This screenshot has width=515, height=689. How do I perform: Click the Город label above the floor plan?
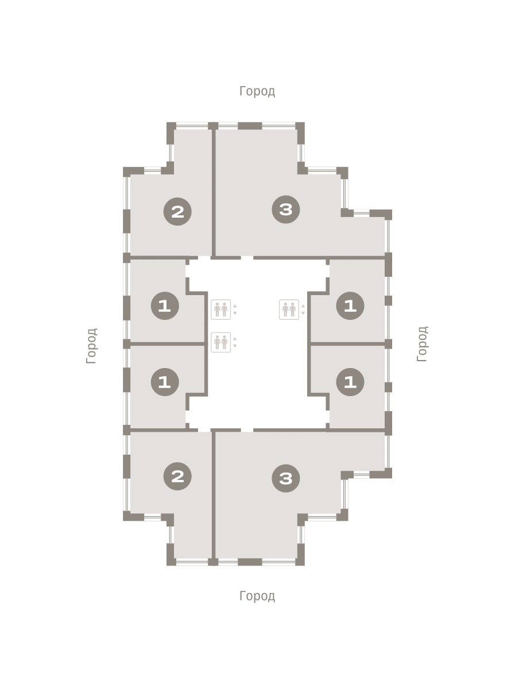coord(257,91)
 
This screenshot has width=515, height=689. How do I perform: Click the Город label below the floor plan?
coord(257,596)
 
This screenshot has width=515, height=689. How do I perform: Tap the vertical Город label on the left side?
coord(92,346)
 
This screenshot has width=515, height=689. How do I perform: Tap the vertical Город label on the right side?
coord(422,344)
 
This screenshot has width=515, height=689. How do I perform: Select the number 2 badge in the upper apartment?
coord(177,211)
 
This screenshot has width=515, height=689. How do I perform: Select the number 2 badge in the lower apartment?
coord(177,476)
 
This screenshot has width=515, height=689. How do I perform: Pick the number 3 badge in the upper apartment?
coord(285,210)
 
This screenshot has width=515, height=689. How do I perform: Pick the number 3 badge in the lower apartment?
coord(285,478)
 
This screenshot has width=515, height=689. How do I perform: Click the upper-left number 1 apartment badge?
coord(165,305)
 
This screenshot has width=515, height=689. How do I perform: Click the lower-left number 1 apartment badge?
coord(165,382)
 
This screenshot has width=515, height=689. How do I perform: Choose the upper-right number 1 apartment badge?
coord(350,305)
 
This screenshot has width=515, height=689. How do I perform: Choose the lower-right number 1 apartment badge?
coord(350,382)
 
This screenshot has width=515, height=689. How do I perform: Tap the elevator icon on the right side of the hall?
coord(289,309)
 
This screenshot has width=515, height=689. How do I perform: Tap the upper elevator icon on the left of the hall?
coord(220,309)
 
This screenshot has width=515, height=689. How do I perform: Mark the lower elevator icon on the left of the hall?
coord(220,342)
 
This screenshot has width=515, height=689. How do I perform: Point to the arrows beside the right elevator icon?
coord(303,309)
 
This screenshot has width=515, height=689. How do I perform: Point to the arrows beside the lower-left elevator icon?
coord(235,342)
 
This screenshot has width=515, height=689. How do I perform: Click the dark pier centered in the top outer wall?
coord(250,126)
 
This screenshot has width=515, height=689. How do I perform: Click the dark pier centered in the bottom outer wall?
coord(250,562)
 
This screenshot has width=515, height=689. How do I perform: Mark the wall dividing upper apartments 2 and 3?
coord(214,191)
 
